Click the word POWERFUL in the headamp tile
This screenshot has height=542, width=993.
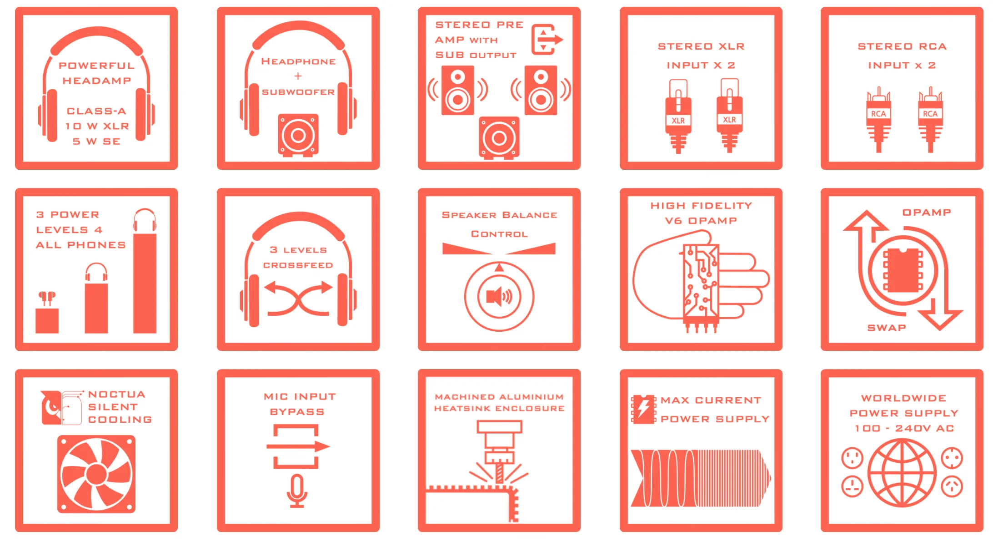[x=96, y=66]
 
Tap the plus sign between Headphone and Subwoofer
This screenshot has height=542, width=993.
[x=298, y=76]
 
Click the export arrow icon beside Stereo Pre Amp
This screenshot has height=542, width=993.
[x=547, y=40]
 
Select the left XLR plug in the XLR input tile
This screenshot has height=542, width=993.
[x=678, y=117]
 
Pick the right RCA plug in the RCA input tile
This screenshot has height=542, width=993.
[x=930, y=119]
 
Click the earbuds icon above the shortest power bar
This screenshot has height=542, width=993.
[x=47, y=299]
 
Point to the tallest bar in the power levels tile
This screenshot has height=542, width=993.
[x=145, y=283]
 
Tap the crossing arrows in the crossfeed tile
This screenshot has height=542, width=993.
[x=298, y=299]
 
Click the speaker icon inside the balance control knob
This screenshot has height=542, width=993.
[x=499, y=297]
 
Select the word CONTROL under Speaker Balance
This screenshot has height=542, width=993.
[x=499, y=234]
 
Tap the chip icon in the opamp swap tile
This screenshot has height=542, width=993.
[x=903, y=270]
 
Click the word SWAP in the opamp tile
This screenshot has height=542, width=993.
[x=887, y=328]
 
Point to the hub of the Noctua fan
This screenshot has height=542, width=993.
[x=96, y=474]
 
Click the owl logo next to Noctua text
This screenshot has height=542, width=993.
[x=51, y=407]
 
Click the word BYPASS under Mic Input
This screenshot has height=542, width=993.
[x=297, y=412]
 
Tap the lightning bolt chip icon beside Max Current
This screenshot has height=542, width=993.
[x=643, y=409]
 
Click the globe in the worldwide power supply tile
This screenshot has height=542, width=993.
[x=902, y=473]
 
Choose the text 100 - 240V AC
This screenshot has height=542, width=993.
[x=904, y=428]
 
